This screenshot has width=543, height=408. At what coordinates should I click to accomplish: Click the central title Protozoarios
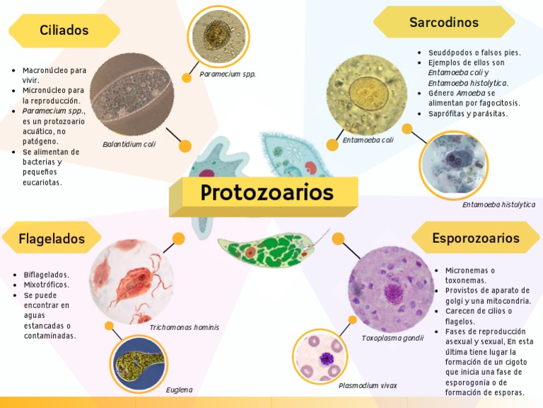[267, 193]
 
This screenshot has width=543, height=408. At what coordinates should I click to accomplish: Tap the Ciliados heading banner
[64, 30]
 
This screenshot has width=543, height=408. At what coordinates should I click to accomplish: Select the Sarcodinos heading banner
[444, 23]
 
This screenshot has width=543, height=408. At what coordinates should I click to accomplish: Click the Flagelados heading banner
[52, 238]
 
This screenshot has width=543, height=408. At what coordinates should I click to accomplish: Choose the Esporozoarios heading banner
[476, 238]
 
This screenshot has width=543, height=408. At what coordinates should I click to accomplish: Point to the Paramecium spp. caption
[228, 74]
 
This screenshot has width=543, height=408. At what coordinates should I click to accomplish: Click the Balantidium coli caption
[129, 144]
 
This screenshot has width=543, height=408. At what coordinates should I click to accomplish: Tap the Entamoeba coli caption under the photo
[368, 140]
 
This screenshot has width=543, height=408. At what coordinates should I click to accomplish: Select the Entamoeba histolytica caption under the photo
[498, 205]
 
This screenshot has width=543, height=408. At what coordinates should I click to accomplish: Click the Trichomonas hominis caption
[184, 328]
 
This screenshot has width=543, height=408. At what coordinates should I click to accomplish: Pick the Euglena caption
[179, 390]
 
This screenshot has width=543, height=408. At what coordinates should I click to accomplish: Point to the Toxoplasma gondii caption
[392, 339]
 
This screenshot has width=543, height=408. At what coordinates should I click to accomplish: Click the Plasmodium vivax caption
[368, 386]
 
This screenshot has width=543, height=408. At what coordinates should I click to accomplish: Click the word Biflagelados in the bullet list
[47, 275]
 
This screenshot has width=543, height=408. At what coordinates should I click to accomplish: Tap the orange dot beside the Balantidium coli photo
[185, 146]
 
